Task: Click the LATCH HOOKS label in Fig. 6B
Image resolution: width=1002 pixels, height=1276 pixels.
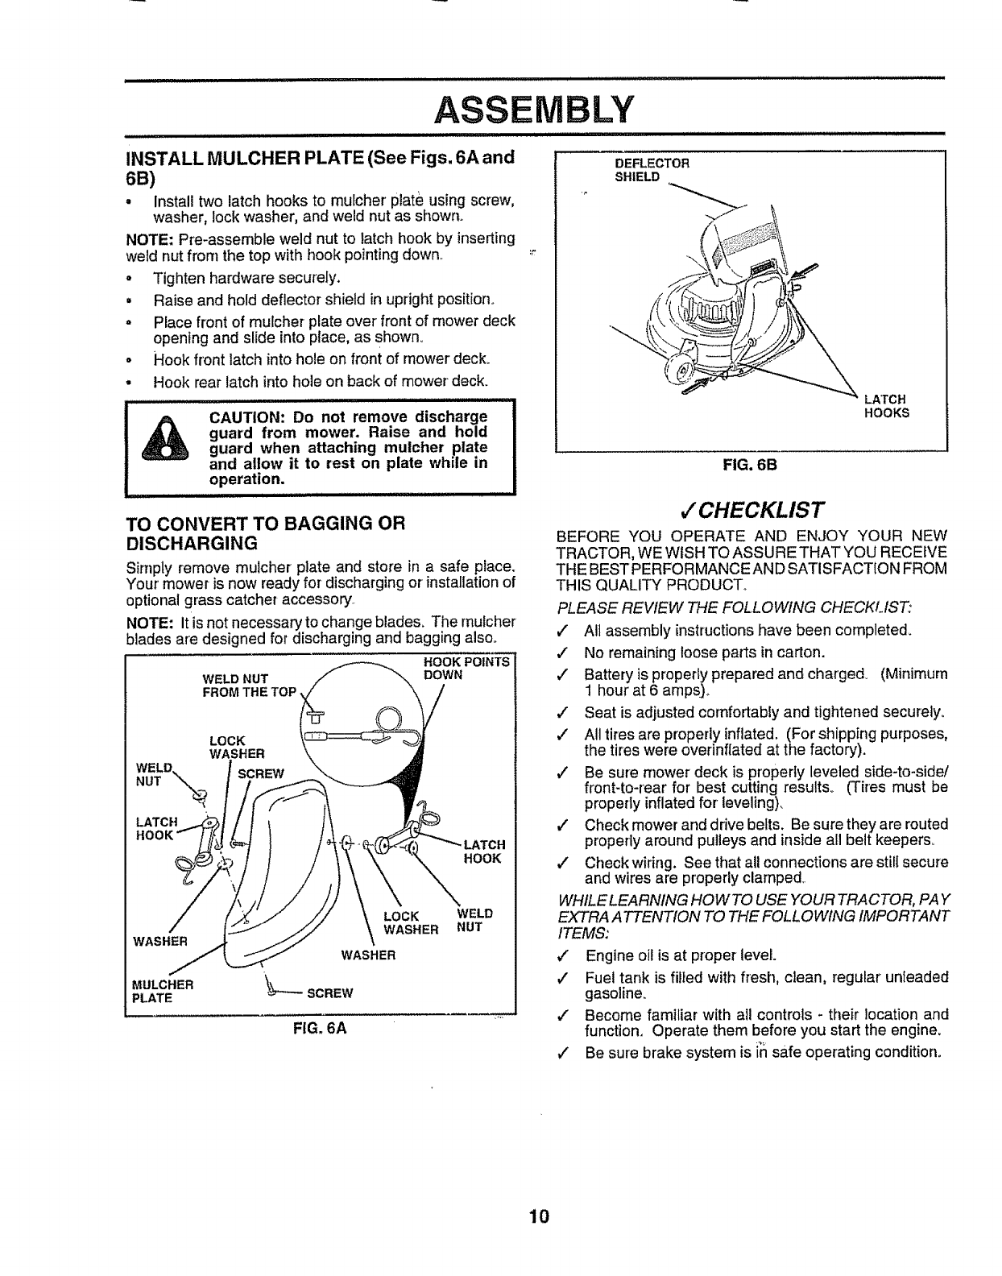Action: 885,405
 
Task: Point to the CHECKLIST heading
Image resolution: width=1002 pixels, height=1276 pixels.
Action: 751,509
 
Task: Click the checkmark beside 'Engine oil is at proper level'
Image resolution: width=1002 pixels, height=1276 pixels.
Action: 569,956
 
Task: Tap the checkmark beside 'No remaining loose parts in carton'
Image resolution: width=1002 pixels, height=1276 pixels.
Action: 569,652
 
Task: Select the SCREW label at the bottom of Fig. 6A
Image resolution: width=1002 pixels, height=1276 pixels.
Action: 330,992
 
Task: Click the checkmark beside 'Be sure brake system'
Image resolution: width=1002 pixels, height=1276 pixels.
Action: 569,1053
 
